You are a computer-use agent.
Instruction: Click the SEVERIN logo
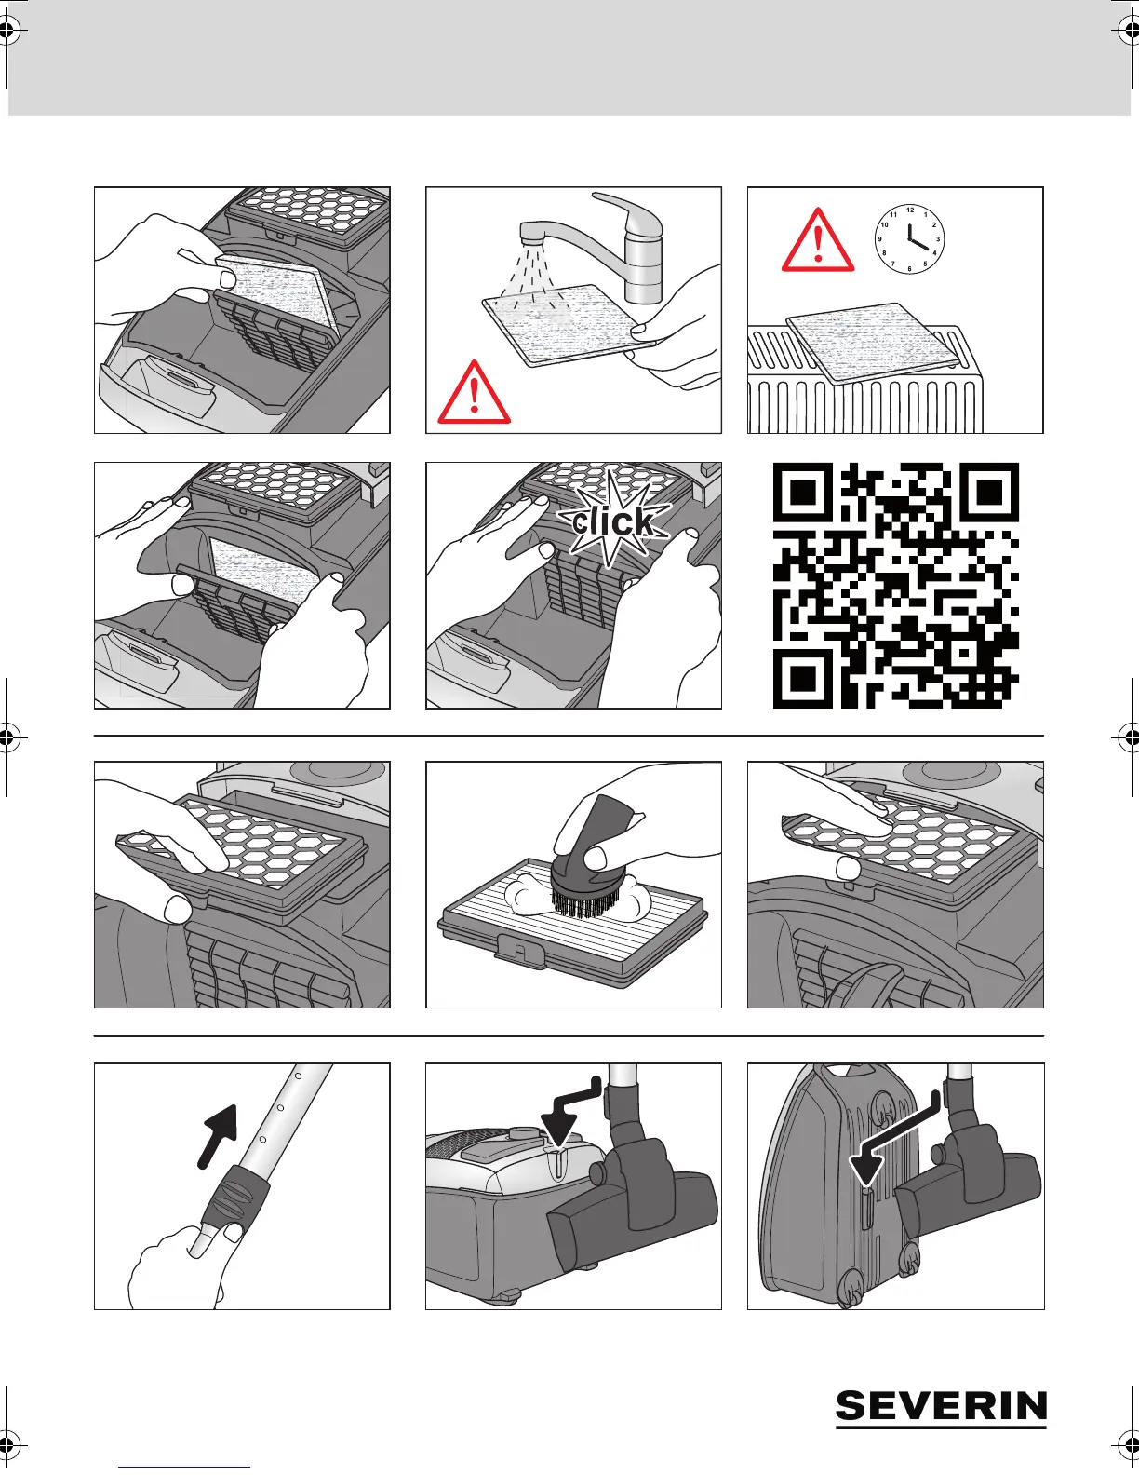coord(941,1407)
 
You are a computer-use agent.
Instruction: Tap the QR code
coord(895,585)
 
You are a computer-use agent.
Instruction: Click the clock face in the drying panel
coord(909,239)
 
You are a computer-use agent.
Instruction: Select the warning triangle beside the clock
coord(818,240)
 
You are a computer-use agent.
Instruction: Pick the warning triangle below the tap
coord(475,393)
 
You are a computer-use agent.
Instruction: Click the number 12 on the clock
coord(910,210)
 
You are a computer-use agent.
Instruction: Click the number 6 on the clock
coord(909,269)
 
